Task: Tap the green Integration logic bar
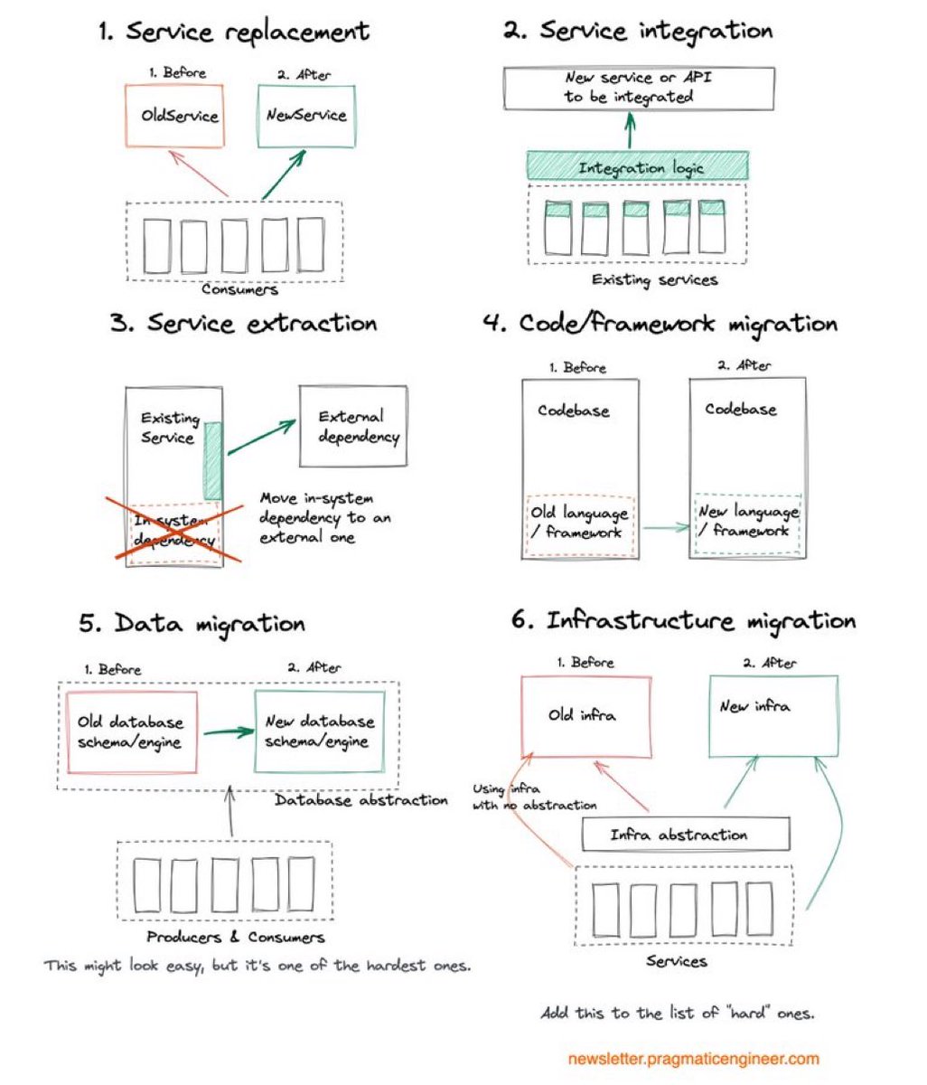coord(637,166)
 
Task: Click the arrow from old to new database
coord(229,731)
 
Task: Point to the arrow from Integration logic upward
coord(630,130)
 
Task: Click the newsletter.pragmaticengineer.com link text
coord(693,1058)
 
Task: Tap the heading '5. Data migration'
coord(192,624)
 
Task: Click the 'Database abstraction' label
coord(360,800)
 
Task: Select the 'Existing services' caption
coord(654,279)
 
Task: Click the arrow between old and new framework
coord(666,527)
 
